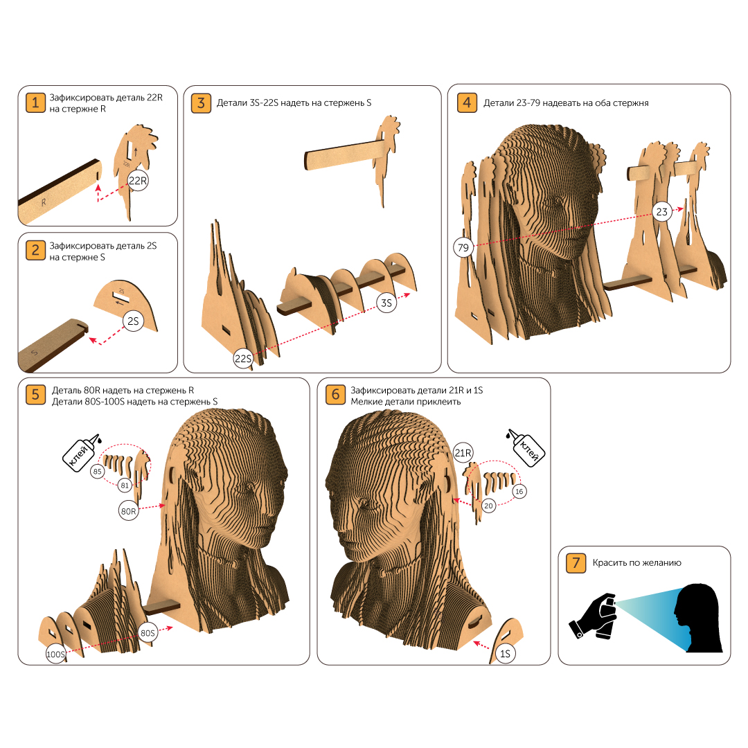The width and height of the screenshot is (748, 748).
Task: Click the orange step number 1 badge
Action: [x=35, y=103]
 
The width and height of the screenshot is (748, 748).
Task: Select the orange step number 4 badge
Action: [x=467, y=103]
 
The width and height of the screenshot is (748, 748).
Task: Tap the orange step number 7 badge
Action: [x=576, y=563]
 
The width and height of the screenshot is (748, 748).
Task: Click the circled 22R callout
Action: [x=138, y=181]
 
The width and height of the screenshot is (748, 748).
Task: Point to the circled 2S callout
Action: [x=133, y=321]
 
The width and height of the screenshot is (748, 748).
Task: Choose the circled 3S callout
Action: [x=386, y=303]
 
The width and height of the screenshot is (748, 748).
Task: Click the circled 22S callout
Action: [x=243, y=359]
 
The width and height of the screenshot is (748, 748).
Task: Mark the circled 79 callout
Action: [x=463, y=247]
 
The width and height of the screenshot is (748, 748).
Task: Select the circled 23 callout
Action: [x=661, y=212]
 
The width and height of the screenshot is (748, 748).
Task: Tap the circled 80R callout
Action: [x=128, y=511]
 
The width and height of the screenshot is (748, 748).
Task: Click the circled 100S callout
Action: [x=56, y=654]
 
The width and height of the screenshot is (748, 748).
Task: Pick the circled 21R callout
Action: [x=463, y=453]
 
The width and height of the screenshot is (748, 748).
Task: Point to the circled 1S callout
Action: [x=505, y=654]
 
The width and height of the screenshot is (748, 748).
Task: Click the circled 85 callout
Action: [x=98, y=472]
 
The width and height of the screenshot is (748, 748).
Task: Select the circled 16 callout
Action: [x=519, y=491]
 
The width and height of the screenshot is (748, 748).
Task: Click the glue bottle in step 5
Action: [x=81, y=453]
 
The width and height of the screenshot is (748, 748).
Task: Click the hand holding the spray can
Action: [x=593, y=616]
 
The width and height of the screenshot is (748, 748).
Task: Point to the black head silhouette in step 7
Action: [x=698, y=617]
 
